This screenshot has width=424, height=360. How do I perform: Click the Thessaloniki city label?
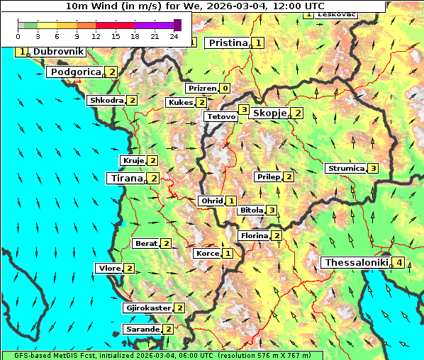click(356, 263)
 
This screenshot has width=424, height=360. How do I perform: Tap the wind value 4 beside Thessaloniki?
click(400, 263)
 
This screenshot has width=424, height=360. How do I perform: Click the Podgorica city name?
click(75, 72)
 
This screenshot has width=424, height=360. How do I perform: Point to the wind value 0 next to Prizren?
click(225, 89)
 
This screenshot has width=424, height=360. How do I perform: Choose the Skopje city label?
click(269, 113)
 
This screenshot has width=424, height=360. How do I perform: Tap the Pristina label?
click(228, 43)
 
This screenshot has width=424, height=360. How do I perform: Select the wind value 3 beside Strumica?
click(372, 169)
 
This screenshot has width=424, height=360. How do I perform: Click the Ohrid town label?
click(212, 201)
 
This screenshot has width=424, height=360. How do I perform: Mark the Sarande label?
click(142, 330)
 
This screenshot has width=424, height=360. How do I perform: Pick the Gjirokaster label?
click(147, 308)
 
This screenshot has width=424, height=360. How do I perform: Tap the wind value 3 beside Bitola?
click(271, 210)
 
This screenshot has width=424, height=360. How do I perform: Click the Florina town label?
click(254, 235)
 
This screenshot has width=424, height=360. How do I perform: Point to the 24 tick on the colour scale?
click(174, 35)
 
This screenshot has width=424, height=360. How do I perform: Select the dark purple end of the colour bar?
click(177, 25)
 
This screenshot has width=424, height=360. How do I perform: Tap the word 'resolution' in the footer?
click(245, 355)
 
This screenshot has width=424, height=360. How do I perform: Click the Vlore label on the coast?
click(108, 268)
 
